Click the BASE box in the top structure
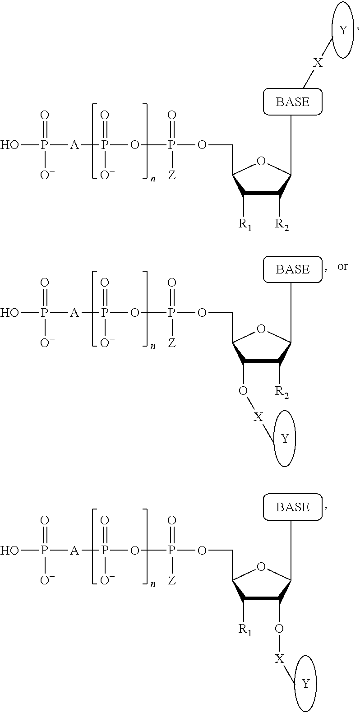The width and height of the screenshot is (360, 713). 292,102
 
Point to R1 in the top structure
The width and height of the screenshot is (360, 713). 245,225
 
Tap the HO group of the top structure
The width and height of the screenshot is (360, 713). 10,145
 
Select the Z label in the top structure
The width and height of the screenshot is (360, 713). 171,176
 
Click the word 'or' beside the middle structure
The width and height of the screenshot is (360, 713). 342,266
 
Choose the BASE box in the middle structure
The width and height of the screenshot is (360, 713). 292,269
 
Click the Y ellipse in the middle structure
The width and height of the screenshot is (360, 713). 285,438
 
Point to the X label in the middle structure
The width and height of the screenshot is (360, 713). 258,417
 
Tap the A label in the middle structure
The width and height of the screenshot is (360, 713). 74,313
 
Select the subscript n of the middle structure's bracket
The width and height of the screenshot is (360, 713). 153,347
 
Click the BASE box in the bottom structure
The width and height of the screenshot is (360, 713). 292,507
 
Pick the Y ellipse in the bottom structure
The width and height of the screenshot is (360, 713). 305,684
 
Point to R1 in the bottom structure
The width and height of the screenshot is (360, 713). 245,630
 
